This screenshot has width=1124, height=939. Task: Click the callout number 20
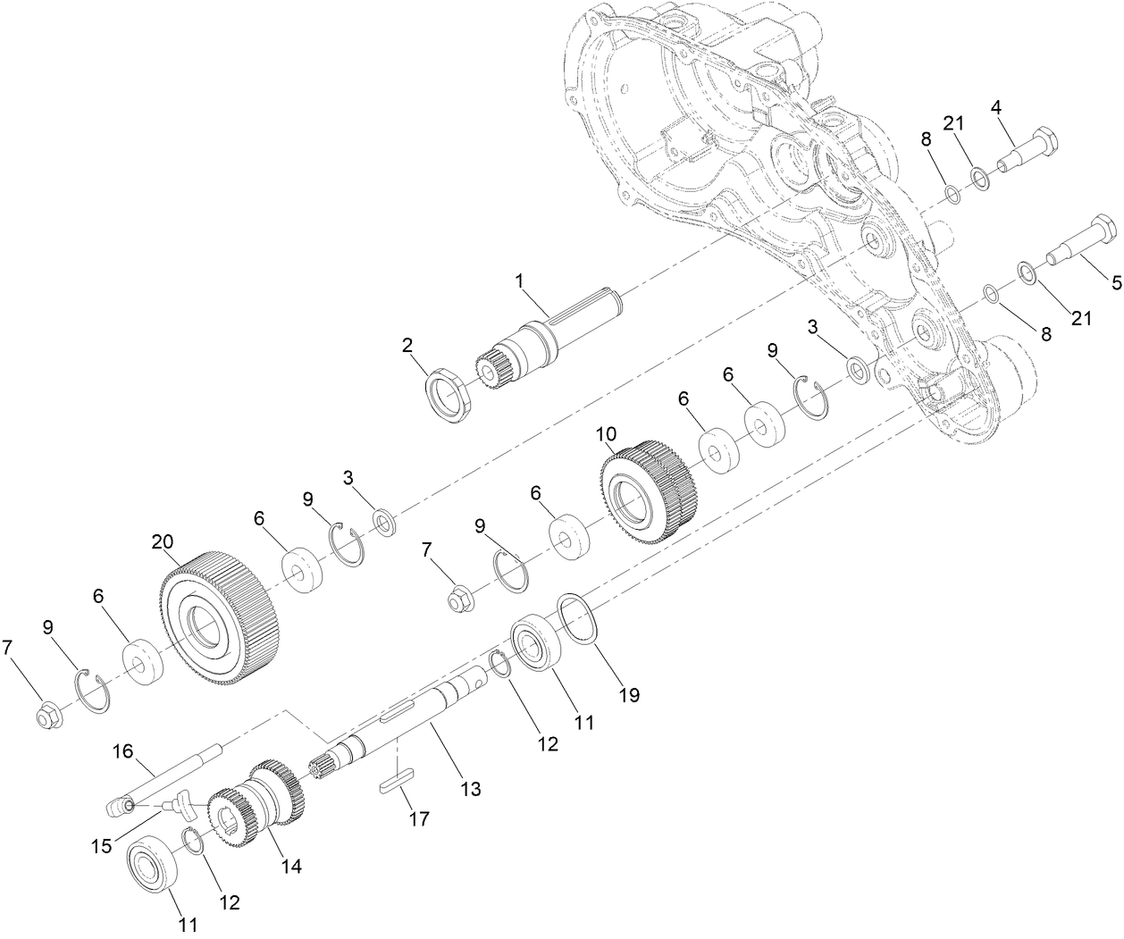pyautogui.click(x=162, y=542)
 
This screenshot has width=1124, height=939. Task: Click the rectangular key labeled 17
pyautogui.click(x=394, y=777)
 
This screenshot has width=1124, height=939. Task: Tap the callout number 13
pyautogui.click(x=470, y=789)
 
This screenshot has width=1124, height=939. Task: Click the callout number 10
pyautogui.click(x=607, y=433)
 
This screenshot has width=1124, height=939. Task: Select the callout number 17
pyautogui.click(x=418, y=818)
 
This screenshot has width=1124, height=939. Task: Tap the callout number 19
pyautogui.click(x=630, y=694)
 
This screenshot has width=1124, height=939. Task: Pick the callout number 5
pyautogui.click(x=1115, y=282)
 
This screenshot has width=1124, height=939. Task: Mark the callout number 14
pyautogui.click(x=292, y=865)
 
